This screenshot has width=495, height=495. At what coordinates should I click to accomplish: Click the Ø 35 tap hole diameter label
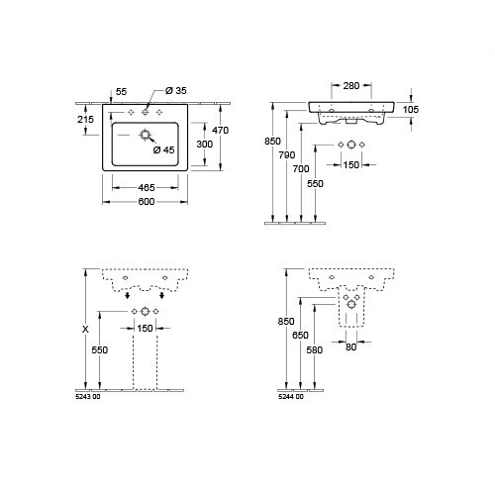click(x=176, y=90)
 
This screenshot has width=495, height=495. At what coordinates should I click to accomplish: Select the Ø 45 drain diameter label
click(x=163, y=150)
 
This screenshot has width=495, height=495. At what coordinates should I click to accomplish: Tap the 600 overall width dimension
click(x=147, y=202)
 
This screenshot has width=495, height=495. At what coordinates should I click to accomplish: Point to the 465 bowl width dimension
click(x=147, y=188)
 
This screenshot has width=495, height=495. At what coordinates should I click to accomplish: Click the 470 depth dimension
click(x=220, y=131)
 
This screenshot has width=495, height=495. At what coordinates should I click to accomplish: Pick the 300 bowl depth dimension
click(x=205, y=145)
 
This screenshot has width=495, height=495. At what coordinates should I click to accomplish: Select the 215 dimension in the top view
click(x=85, y=120)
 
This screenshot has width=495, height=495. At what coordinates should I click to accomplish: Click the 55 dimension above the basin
click(x=122, y=92)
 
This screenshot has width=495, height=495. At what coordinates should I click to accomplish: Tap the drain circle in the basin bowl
click(x=145, y=135)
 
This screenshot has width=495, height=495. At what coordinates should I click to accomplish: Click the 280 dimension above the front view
click(x=351, y=86)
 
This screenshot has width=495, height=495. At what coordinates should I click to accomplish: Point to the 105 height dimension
click(x=411, y=110)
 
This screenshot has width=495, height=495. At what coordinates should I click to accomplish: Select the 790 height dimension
click(x=287, y=154)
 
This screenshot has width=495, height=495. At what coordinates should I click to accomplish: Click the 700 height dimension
click(x=301, y=169)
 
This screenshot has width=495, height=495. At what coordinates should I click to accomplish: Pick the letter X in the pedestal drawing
click(x=85, y=329)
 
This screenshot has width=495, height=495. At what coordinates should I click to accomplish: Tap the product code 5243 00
click(x=88, y=397)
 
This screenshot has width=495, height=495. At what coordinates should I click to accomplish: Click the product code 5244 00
click(x=291, y=397)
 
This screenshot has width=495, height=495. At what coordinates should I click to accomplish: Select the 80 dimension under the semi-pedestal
click(x=351, y=347)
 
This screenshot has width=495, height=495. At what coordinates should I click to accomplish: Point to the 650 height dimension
click(x=300, y=336)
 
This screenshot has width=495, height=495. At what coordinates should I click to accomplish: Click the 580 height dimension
click(x=315, y=349)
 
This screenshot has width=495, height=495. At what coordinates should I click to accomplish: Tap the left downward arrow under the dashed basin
click(x=128, y=295)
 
